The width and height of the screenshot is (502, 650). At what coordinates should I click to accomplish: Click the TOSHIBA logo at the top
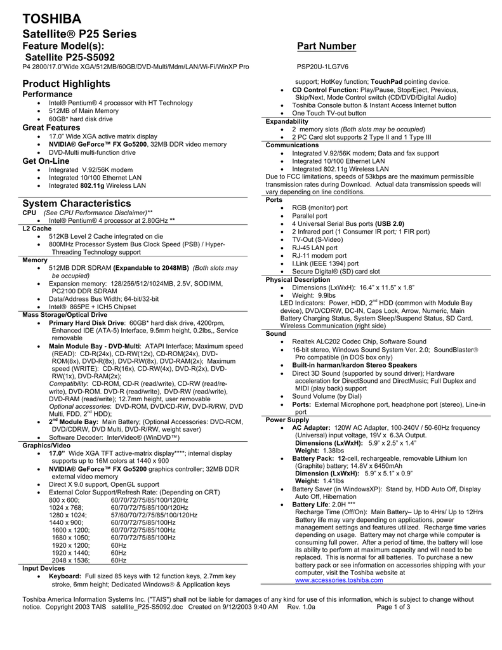51,18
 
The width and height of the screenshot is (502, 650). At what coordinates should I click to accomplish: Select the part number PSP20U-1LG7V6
322,66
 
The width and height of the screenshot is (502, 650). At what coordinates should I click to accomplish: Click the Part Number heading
327,46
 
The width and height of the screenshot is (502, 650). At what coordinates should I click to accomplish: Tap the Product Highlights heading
66,84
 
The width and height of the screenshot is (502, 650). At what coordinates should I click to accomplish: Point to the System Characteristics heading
76,203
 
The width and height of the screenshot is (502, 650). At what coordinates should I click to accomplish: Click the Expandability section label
287,121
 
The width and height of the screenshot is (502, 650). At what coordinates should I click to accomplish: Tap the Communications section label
292,145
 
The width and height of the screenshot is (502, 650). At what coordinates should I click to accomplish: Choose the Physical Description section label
298,279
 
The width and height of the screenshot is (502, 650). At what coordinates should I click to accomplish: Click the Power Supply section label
287,420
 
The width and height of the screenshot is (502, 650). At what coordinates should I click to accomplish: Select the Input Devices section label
43,568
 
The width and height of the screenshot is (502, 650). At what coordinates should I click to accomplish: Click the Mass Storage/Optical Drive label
65,314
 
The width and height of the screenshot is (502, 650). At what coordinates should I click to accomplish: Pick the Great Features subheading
51,128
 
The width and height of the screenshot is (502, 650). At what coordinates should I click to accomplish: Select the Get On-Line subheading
46,161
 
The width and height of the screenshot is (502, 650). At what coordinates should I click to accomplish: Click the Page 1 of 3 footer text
393,607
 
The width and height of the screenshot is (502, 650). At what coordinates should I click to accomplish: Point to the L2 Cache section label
37,227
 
